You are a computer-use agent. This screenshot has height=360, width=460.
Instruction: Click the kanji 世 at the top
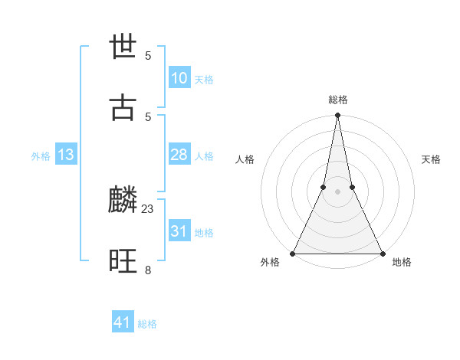123,47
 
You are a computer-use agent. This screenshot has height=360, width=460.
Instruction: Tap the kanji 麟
123,201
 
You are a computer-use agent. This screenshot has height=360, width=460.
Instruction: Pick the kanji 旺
123,262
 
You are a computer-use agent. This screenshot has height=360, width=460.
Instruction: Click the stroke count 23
148,208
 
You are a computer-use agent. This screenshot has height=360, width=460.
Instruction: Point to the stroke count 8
148,269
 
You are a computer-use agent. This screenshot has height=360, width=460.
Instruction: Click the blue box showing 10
179,78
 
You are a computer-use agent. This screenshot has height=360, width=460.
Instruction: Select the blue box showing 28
179,155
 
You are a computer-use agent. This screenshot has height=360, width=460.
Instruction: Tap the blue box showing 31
179,231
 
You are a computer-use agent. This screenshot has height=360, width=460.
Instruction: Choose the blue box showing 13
66,155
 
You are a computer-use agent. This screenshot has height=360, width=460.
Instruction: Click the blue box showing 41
123,322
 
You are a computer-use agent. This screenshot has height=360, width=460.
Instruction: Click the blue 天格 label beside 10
204,80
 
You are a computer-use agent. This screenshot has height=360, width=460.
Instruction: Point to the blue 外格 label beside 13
41,156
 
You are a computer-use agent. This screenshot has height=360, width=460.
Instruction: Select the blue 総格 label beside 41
147,324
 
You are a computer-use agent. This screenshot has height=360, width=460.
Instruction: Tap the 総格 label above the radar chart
338,100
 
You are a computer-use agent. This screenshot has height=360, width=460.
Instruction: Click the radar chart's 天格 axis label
431,159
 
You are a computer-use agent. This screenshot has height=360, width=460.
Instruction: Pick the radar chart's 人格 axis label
245,159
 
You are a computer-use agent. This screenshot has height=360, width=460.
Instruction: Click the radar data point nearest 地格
382,253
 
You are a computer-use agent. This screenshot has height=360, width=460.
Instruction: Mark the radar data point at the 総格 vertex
337,116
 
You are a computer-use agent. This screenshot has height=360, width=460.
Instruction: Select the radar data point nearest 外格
294,253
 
